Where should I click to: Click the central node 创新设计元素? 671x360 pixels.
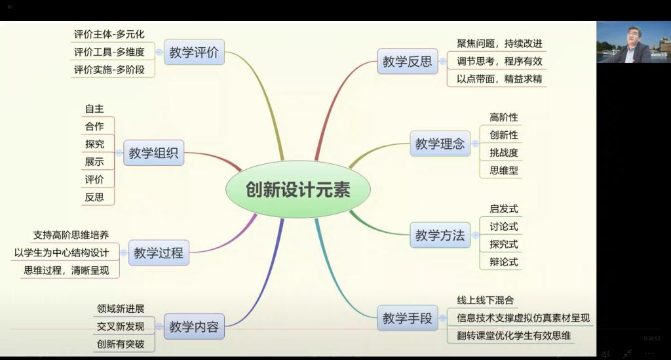[298, 190]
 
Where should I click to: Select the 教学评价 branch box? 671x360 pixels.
[194, 52]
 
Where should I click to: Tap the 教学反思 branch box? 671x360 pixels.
[408, 61]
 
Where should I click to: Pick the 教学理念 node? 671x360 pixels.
[440, 144]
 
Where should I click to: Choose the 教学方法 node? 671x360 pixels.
[440, 235]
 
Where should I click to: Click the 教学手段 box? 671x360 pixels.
[408, 318]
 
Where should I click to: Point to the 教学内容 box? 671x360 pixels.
[194, 327]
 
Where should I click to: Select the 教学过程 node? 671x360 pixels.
[159, 252]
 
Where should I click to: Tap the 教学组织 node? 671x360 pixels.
[153, 153]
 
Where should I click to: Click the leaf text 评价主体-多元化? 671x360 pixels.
[109, 34]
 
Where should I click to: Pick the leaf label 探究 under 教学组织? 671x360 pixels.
[94, 144]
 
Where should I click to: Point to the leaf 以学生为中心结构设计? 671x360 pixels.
[62, 252]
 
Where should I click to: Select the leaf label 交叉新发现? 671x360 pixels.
[121, 326]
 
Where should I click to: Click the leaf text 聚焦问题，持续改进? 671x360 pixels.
[499, 43]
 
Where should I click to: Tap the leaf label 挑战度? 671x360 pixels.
[504, 152]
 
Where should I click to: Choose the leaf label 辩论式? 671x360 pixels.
[504, 262]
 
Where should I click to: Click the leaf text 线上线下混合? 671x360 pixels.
[486, 300]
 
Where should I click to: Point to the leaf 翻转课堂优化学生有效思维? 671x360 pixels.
[514, 336]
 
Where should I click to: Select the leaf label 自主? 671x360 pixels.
[94, 109]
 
